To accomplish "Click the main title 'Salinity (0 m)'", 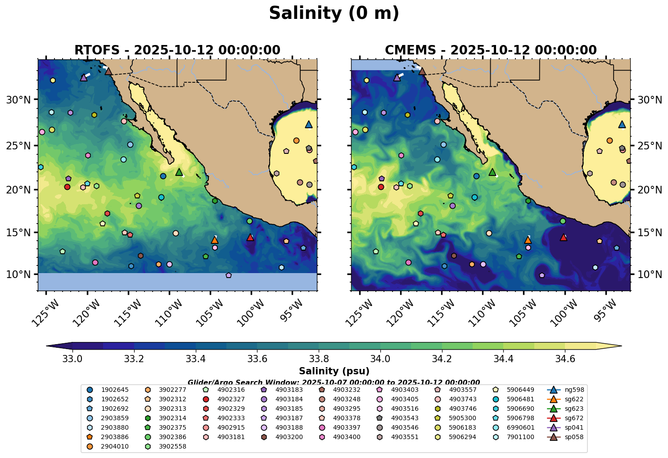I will point(334,13).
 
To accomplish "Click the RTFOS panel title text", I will point(177,50).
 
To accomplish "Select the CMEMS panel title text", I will point(490,50).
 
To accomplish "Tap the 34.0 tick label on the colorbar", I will point(380,359).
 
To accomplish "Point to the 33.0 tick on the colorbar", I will point(72,359).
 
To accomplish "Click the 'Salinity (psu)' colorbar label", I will point(334,371).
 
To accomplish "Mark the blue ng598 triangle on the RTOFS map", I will point(308,125).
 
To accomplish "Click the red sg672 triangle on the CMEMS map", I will point(563,237).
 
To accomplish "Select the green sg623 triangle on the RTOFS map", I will point(179,172).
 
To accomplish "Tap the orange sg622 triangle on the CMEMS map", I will point(528,240).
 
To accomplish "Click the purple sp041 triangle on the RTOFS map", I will point(84,77).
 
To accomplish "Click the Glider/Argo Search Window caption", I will point(334,382).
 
